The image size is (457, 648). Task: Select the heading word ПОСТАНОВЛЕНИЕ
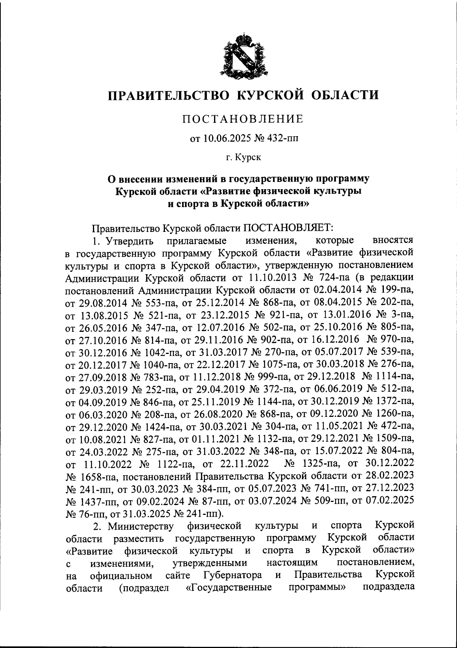pos(242,119)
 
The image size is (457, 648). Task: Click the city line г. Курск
pos(243,157)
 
